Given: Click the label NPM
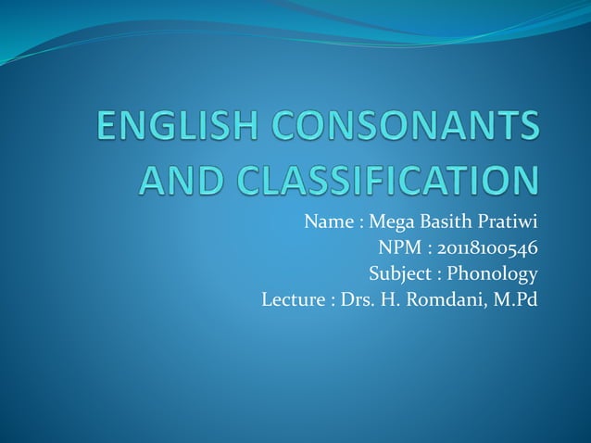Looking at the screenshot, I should pyautogui.click(x=397, y=248).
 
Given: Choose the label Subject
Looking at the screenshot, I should pyautogui.click(x=401, y=274).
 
